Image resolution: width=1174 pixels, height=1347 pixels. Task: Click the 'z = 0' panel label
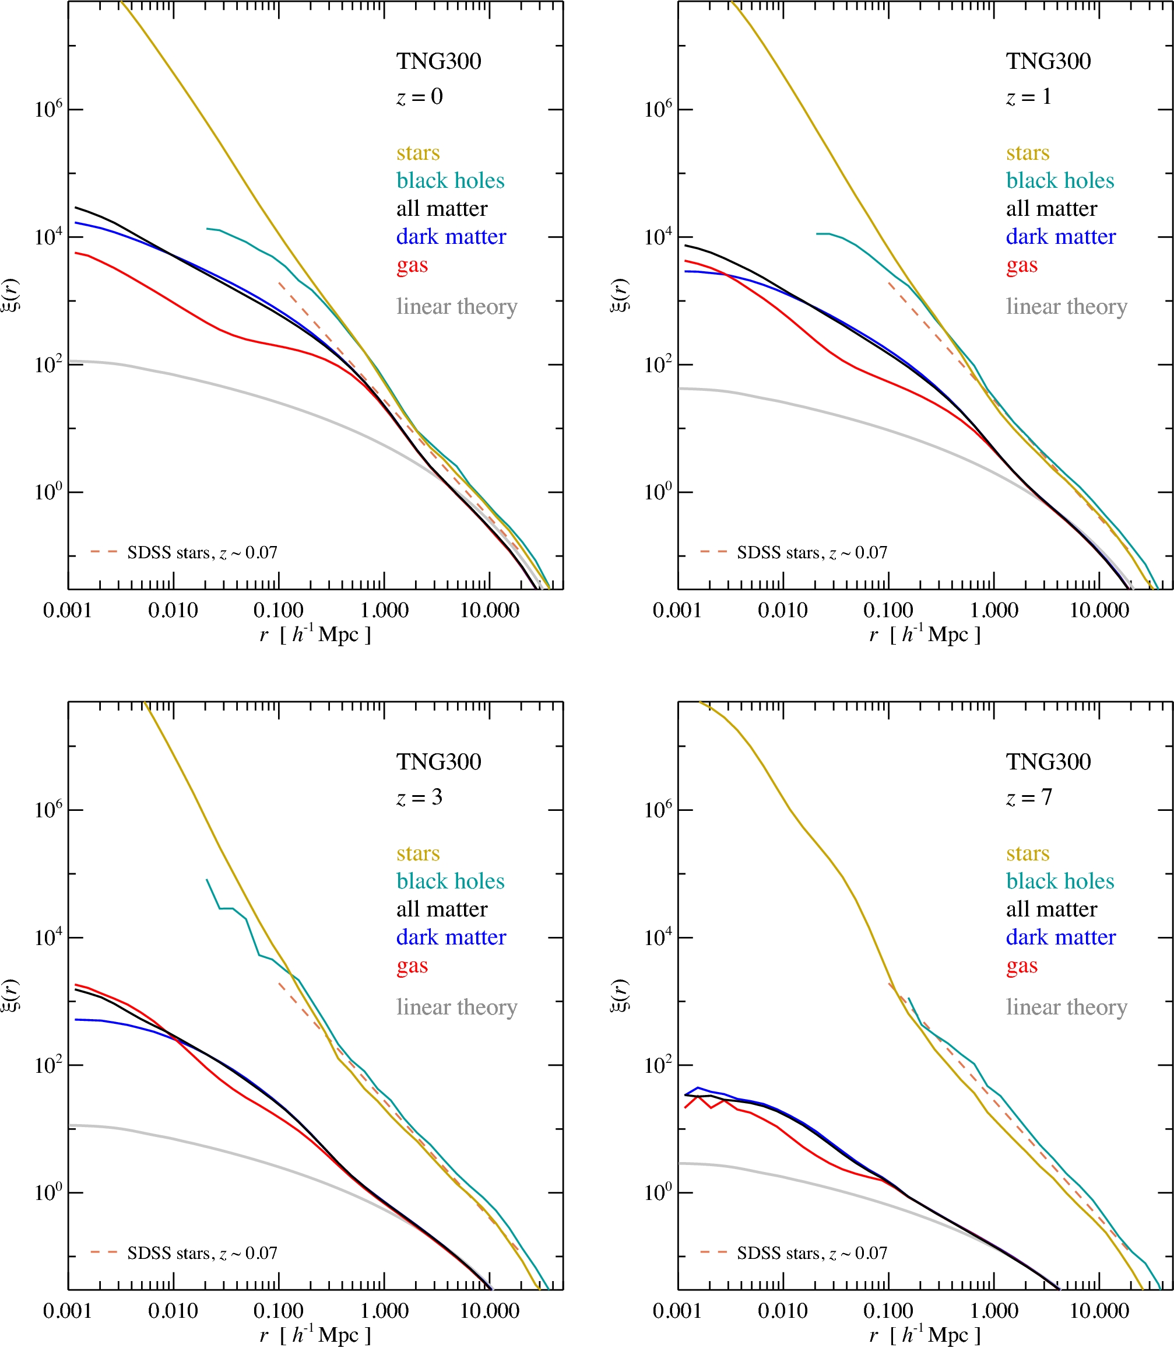[419, 97]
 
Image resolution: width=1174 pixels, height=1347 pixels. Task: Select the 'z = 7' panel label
[1028, 797]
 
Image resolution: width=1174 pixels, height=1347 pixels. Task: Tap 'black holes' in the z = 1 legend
[1059, 180]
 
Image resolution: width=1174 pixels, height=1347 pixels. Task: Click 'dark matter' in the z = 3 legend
[451, 937]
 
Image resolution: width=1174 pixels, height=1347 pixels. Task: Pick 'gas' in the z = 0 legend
[412, 265]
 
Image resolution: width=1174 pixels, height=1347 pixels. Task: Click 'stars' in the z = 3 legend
[417, 853]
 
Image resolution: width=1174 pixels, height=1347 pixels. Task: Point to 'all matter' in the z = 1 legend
[1051, 208]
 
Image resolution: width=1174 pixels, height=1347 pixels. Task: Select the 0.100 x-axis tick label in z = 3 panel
[278, 1310]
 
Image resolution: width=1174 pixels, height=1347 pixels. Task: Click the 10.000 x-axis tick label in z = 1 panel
[1099, 610]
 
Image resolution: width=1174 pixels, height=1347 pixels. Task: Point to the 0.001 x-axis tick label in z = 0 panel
[68, 610]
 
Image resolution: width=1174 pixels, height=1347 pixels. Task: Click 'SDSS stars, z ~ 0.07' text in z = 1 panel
[811, 552]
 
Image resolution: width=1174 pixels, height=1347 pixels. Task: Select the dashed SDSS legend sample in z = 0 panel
[104, 552]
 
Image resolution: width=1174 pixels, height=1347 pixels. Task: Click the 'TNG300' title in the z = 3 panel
[438, 762]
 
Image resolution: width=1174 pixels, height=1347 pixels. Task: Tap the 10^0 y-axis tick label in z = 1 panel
[659, 492]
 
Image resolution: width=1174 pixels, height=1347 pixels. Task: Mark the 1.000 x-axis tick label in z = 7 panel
[993, 1310]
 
